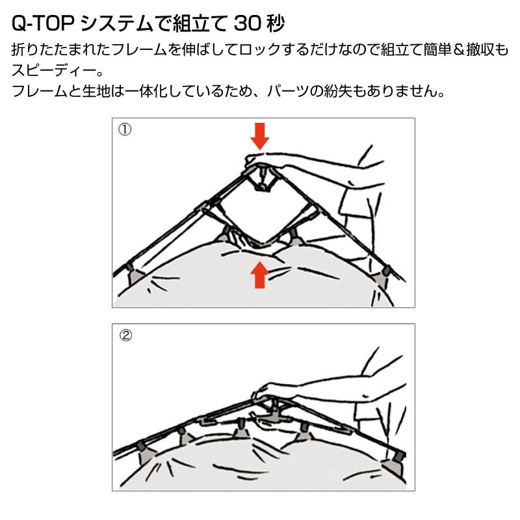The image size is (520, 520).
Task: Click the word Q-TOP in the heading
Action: (x=42, y=23)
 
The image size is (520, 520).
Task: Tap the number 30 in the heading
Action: (x=247, y=23)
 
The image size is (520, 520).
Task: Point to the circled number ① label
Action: (x=125, y=129)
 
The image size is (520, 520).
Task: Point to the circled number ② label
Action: (x=125, y=335)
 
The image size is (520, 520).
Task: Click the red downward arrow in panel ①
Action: (x=259, y=136)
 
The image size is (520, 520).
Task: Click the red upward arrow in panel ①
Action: (x=259, y=275)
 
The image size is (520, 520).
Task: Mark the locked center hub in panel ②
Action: (x=274, y=413)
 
